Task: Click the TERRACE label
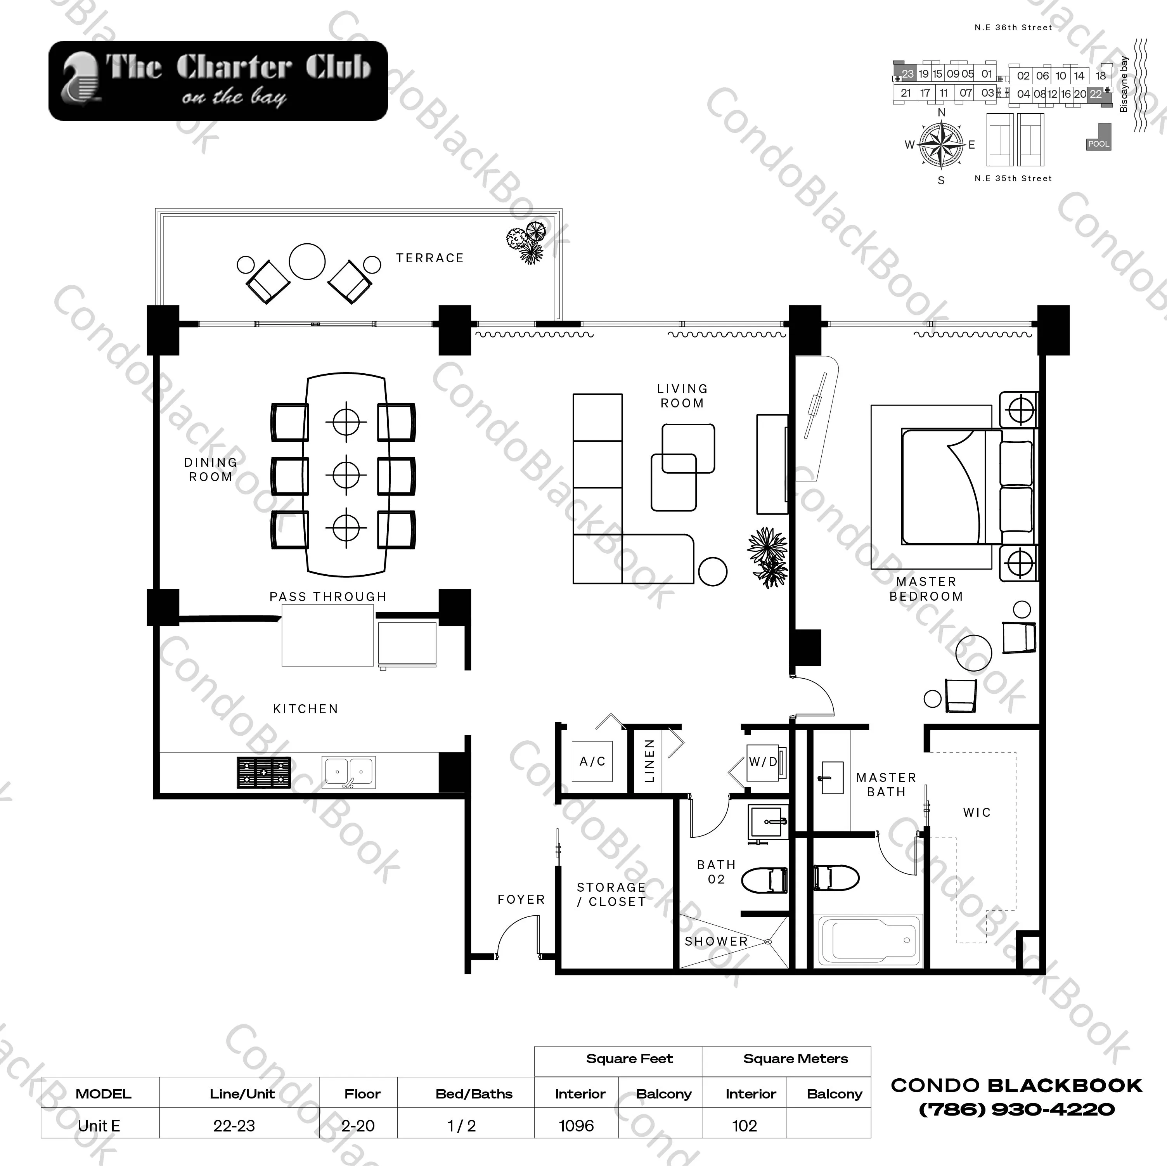pos(429,258)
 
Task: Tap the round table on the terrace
pos(307,261)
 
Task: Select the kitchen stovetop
pos(263,773)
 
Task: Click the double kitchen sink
pos(348,772)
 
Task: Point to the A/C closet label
pos(592,761)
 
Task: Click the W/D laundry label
pos(762,762)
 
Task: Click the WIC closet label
pos(977,813)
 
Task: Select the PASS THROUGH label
pos(327,597)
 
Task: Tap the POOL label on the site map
pos(1098,144)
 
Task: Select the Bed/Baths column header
pos(474,1093)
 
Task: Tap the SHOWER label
pos(716,941)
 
